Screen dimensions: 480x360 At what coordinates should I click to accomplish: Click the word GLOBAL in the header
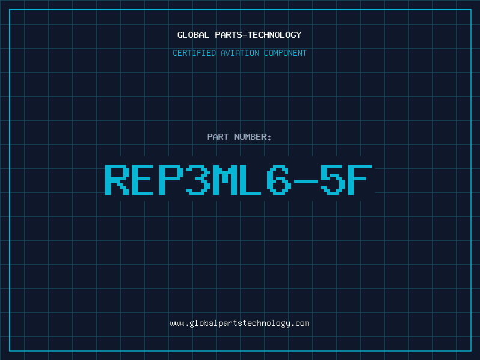(193, 35)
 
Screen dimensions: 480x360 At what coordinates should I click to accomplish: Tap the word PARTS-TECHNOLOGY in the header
(258, 35)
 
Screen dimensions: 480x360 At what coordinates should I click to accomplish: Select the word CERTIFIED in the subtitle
(194, 53)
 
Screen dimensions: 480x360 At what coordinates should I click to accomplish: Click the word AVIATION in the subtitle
(239, 53)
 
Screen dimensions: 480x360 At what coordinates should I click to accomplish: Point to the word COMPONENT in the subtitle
(285, 53)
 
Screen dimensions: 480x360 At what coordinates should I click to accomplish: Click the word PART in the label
(218, 137)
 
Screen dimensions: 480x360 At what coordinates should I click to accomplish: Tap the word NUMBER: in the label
(253, 137)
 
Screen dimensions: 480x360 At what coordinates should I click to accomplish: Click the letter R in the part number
(117, 179)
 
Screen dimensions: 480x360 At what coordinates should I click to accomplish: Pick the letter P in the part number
(170, 179)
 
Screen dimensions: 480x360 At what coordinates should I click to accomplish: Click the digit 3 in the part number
(198, 179)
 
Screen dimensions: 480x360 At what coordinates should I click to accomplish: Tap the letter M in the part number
(225, 179)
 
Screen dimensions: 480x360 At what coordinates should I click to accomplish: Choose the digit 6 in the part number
(279, 179)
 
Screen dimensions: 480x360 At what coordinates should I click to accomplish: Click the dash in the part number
(306, 181)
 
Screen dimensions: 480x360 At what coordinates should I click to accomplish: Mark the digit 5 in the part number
(333, 179)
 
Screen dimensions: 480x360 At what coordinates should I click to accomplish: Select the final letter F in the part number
(359, 179)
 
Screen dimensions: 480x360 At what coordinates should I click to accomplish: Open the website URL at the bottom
(239, 323)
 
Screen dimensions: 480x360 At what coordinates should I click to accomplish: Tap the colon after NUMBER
(269, 138)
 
